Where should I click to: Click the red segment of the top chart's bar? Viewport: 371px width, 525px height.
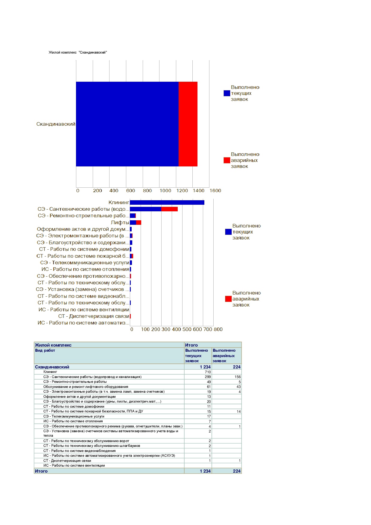click(x=188, y=124)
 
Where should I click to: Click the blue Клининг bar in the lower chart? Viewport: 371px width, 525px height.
click(x=167, y=203)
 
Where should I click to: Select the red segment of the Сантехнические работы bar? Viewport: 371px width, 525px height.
click(x=169, y=209)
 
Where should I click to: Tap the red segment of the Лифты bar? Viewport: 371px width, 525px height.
click(x=139, y=223)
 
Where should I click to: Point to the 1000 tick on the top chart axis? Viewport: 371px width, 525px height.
click(x=165, y=191)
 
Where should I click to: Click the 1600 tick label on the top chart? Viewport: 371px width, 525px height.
click(x=215, y=191)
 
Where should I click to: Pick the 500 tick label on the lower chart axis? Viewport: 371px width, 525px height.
click(x=187, y=330)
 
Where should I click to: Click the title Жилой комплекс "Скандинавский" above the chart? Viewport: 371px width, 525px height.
click(x=78, y=53)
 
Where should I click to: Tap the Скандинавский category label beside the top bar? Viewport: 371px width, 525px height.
click(x=56, y=124)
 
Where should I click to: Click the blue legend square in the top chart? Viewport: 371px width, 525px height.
click(x=227, y=93)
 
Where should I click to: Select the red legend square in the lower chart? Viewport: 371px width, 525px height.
click(x=228, y=299)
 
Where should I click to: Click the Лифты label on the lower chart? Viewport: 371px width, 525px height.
click(x=120, y=223)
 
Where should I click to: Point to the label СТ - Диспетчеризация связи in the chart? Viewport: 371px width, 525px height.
click(x=94, y=316)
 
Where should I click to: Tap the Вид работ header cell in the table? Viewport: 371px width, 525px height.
click(x=45, y=350)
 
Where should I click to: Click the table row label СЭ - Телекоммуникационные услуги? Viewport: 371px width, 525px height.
click(x=74, y=416)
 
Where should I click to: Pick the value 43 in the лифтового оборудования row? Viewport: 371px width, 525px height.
click(x=238, y=387)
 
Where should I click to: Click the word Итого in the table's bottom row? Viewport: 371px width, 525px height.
click(x=41, y=471)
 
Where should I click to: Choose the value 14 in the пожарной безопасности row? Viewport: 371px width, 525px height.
click(x=238, y=412)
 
